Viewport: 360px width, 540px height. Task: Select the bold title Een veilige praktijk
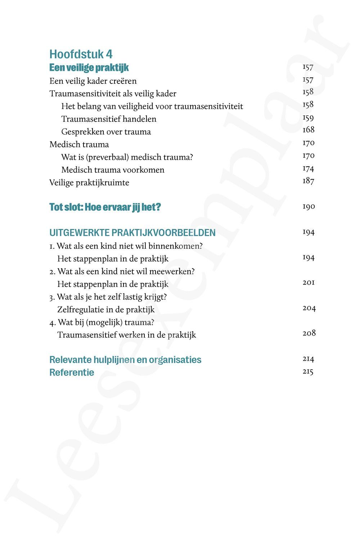pyautogui.click(x=89, y=68)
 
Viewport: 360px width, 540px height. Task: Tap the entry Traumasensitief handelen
pyautogui.click(x=109, y=119)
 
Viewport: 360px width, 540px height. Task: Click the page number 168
pyautogui.click(x=309, y=130)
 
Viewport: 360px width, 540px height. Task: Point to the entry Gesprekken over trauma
pyautogui.click(x=106, y=132)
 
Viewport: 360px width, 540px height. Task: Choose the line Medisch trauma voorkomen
pyautogui.click(x=113, y=170)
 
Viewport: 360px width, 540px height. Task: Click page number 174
pyautogui.click(x=308, y=168)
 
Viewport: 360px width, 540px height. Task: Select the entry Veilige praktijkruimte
pyautogui.click(x=89, y=183)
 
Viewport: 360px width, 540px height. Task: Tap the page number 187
pyautogui.click(x=308, y=181)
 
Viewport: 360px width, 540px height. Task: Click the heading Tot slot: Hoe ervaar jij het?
pyautogui.click(x=105, y=207)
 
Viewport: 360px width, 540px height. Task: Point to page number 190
pyautogui.click(x=309, y=207)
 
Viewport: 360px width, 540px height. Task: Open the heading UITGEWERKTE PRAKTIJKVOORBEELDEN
pyautogui.click(x=132, y=233)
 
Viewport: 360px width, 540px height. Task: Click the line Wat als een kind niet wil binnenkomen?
pyautogui.click(x=126, y=246)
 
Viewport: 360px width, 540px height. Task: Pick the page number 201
pyautogui.click(x=309, y=283)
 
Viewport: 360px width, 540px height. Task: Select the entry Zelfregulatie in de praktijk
pyautogui.click(x=106, y=310)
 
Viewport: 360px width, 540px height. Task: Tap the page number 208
pyautogui.click(x=309, y=333)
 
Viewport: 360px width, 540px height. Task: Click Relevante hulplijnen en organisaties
pyautogui.click(x=125, y=360)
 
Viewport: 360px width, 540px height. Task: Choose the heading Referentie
pyautogui.click(x=72, y=372)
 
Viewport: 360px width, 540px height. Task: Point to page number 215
pyautogui.click(x=308, y=372)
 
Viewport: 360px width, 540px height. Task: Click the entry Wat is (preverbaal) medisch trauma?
pyautogui.click(x=127, y=157)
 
